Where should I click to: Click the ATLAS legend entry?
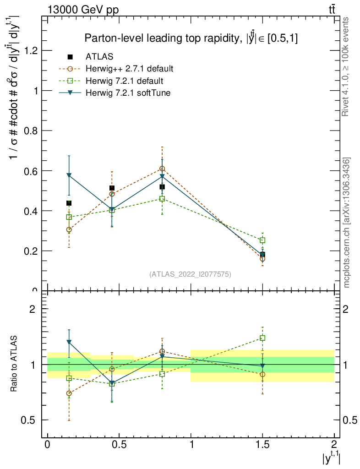(99, 57)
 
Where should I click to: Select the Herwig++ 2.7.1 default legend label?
(129, 69)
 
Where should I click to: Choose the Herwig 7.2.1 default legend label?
(124, 81)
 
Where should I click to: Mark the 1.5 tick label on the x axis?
(262, 445)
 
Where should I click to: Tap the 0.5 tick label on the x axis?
(119, 445)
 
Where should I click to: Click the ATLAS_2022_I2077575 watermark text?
(190, 274)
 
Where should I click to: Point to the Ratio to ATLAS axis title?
(14, 364)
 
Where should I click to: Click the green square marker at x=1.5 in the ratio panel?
(262, 338)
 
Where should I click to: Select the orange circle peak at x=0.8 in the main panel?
(162, 169)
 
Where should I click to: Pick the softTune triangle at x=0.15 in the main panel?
(69, 175)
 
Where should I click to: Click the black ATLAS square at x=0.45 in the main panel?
(112, 188)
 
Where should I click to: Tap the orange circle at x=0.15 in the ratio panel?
(69, 393)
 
